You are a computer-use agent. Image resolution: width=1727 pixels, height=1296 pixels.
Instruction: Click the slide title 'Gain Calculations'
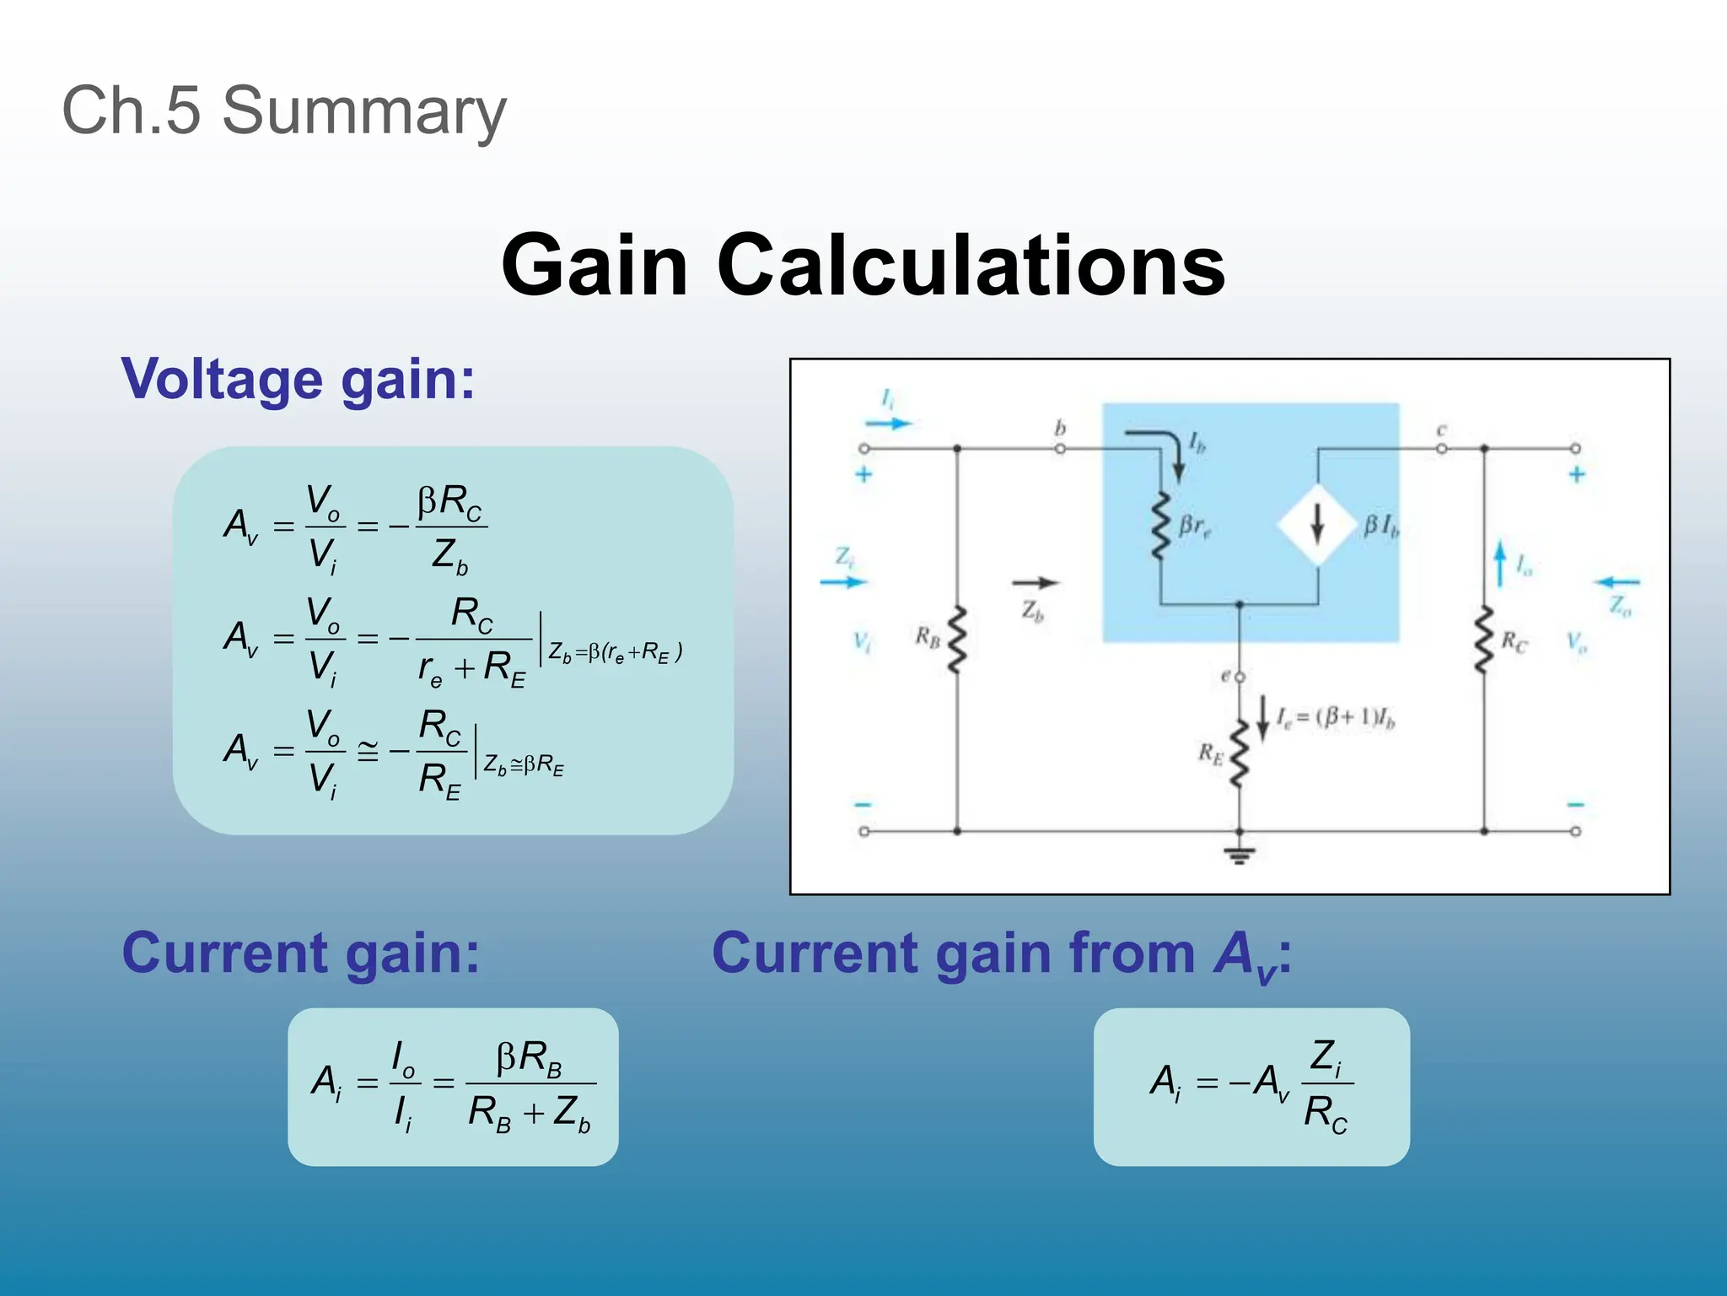click(863, 265)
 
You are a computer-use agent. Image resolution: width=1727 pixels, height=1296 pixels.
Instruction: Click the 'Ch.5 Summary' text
click(284, 111)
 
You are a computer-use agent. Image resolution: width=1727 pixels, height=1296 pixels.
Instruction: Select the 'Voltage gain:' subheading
click(299, 379)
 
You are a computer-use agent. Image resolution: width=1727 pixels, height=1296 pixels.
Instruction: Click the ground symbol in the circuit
click(1239, 855)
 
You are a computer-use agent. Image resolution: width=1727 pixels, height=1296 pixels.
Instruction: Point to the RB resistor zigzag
click(956, 640)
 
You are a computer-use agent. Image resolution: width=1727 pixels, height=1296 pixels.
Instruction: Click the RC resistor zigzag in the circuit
click(1484, 640)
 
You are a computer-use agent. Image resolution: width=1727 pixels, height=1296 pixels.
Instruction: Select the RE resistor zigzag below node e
click(1239, 753)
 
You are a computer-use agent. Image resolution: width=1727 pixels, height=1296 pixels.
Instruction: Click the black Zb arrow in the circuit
click(1035, 582)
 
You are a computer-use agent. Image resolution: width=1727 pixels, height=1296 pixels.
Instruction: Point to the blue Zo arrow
click(1617, 582)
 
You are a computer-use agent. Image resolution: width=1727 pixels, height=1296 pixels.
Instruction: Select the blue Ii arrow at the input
click(888, 423)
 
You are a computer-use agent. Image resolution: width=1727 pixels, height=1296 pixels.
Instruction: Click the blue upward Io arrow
click(1499, 564)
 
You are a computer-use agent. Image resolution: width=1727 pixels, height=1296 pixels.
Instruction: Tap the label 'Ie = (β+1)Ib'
click(1335, 718)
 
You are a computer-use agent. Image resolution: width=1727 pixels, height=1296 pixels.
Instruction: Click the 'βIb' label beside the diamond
click(1381, 526)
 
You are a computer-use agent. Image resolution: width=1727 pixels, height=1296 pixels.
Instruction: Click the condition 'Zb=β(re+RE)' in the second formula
click(615, 651)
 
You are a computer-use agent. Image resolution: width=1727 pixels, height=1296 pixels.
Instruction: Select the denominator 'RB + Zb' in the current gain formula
click(530, 1113)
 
